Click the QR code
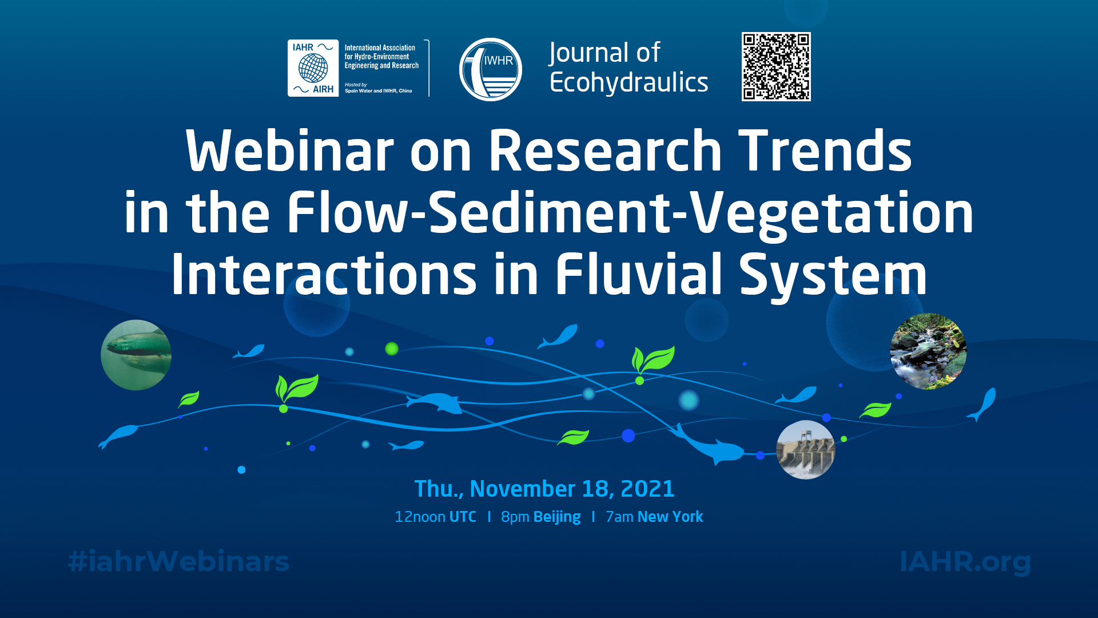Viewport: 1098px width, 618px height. [x=776, y=67]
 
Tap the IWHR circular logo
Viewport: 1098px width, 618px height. [x=491, y=69]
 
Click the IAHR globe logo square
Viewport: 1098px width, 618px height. [x=313, y=68]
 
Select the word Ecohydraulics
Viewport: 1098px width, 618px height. [x=628, y=83]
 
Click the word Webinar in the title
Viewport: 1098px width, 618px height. [x=290, y=151]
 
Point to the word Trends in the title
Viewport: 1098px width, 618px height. [x=825, y=150]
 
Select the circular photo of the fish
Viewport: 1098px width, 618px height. [x=136, y=355]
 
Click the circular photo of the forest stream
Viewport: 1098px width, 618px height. [x=928, y=351]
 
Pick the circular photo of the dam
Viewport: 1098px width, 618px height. [x=805, y=450]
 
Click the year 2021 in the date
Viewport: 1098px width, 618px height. [x=647, y=489]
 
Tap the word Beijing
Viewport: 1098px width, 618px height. [x=556, y=517]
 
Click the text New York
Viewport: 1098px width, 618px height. [x=670, y=517]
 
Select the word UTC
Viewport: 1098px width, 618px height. [x=463, y=517]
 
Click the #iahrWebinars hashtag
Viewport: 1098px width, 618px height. [x=178, y=561]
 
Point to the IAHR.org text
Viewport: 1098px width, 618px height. [x=965, y=562]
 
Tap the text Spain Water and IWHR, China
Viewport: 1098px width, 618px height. [x=378, y=91]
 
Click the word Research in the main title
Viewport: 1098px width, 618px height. [x=604, y=150]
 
